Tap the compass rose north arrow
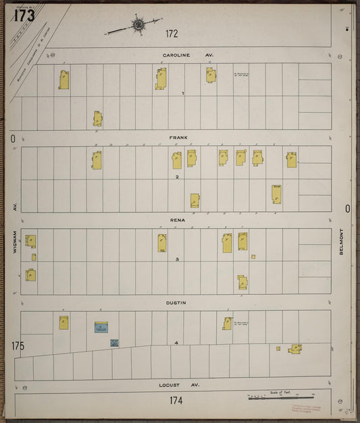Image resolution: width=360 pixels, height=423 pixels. (x=137, y=26)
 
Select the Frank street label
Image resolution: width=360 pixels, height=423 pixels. (x=179, y=138)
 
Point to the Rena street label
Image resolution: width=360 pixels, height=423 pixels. (x=177, y=220)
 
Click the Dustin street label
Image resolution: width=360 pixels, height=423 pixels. (x=176, y=303)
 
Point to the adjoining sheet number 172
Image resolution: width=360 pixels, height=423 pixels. (x=172, y=33)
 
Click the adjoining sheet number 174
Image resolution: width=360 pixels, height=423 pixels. (x=176, y=401)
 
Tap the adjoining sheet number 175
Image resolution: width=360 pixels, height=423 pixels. (x=18, y=346)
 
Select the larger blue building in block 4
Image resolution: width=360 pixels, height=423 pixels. (x=101, y=328)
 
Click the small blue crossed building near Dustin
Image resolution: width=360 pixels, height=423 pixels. (x=114, y=343)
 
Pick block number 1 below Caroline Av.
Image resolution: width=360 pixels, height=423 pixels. (x=183, y=94)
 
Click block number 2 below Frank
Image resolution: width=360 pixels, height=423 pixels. (x=177, y=177)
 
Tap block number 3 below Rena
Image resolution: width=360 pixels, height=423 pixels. (x=177, y=260)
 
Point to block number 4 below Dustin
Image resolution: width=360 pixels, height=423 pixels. (x=176, y=343)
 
